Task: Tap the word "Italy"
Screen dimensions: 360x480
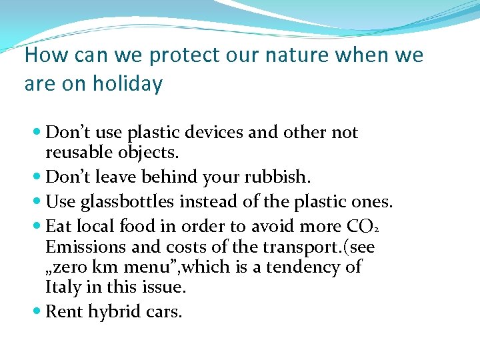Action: pos(62,288)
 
